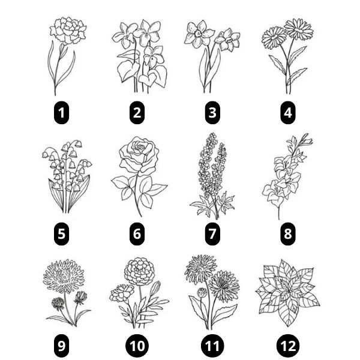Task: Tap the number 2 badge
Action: tap(137, 111)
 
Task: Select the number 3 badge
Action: tap(212, 111)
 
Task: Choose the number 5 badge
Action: tap(61, 232)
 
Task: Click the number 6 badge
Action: tap(137, 232)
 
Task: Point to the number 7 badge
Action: tap(212, 232)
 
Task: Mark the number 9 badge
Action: tap(61, 346)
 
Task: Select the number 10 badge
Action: tap(137, 346)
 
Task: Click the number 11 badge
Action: tap(212, 346)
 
